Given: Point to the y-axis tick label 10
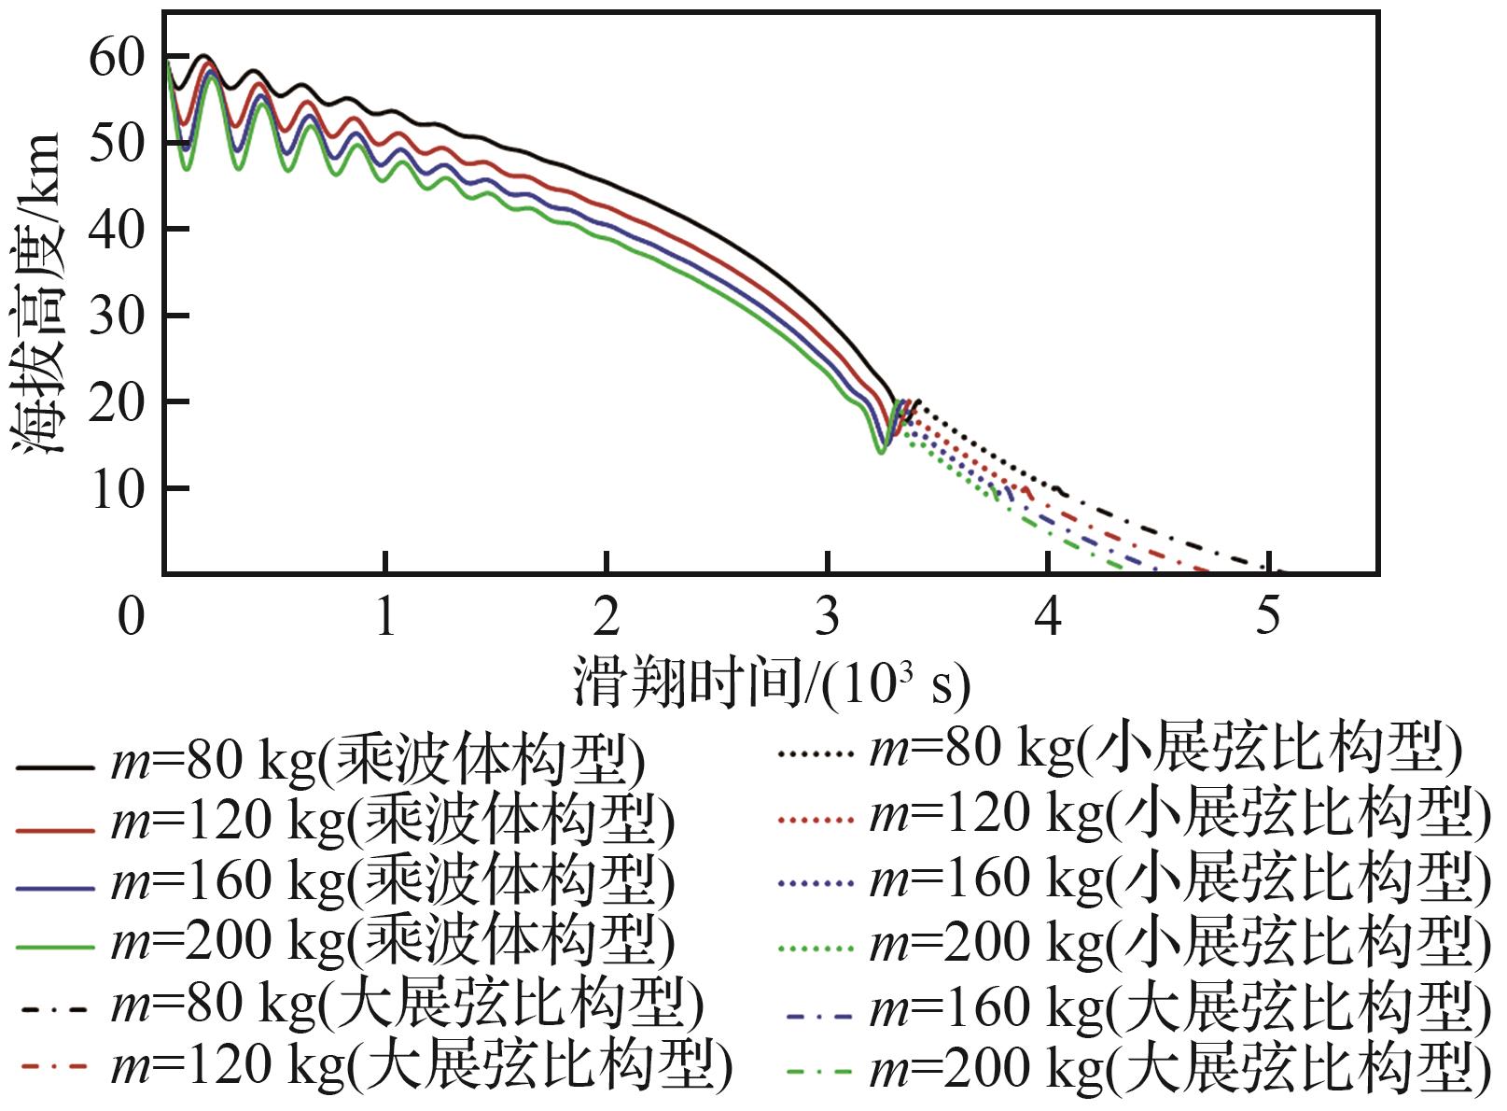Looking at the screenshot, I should tap(117, 489).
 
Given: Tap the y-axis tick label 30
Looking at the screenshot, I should tap(117, 316).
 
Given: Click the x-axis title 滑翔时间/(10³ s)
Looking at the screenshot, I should tap(771, 685).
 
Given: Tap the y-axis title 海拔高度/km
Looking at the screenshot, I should tap(39, 294).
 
